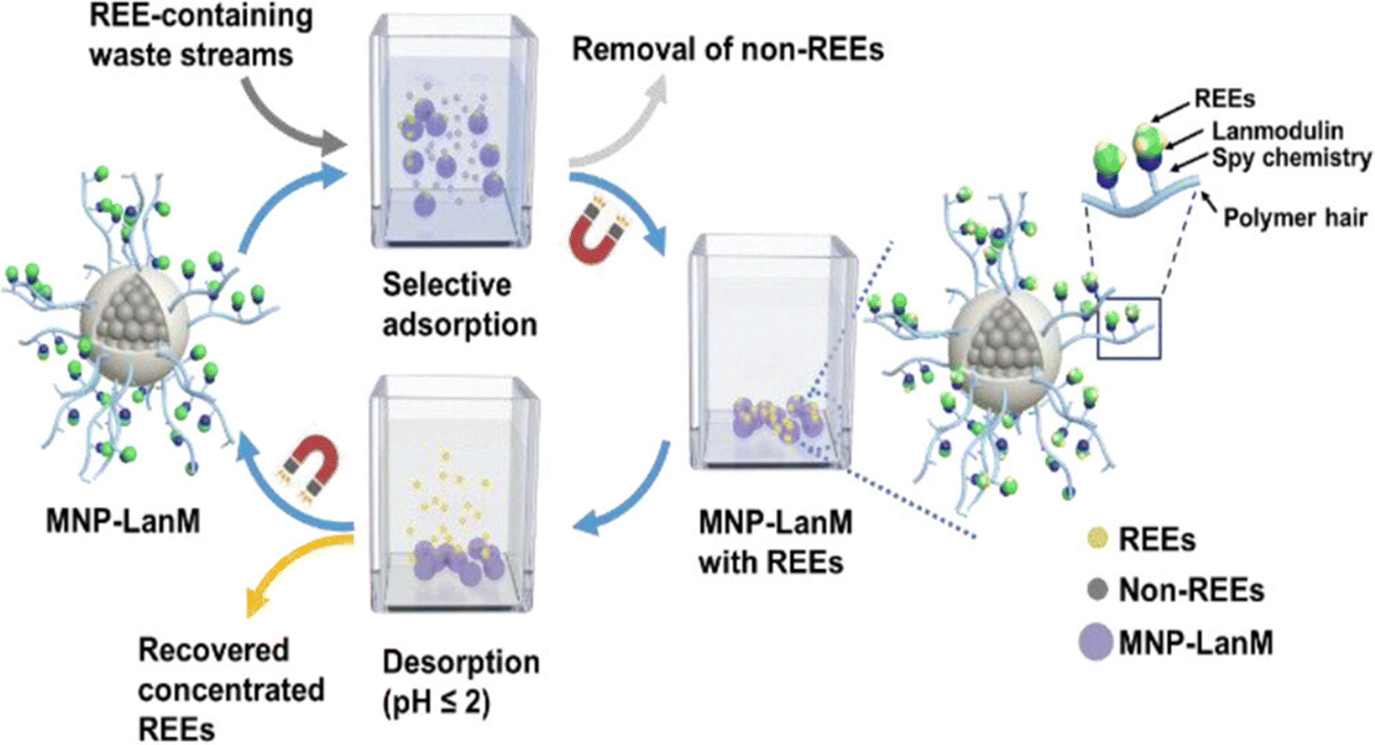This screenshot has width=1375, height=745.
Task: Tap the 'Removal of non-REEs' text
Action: point(728,49)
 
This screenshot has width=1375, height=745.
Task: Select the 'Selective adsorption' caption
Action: point(458,304)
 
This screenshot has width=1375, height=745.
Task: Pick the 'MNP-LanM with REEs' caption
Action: point(775,542)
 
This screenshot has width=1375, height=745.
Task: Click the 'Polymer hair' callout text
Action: point(1294,218)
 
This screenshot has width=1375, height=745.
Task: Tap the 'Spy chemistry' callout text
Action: point(1291,158)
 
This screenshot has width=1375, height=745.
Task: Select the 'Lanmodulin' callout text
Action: point(1277,131)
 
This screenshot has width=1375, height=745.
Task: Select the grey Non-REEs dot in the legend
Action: point(1096,590)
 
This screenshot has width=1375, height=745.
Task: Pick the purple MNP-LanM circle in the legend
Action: point(1096,641)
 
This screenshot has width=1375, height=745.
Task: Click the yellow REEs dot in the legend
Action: point(1096,539)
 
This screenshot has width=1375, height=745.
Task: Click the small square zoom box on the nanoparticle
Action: point(1128,328)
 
